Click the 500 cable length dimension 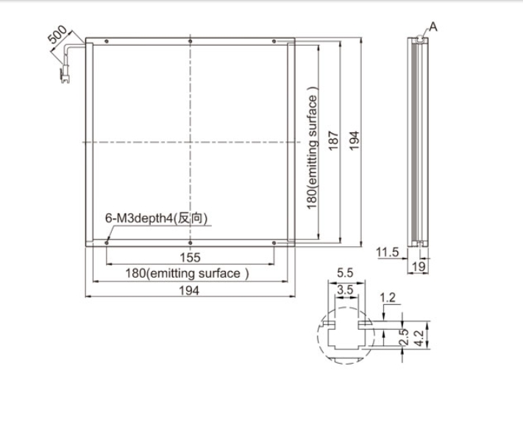pos(57,35)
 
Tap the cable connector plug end pos(65,77)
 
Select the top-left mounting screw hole pos(107,41)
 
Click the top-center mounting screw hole pos(190,41)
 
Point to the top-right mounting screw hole pos(274,41)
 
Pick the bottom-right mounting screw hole pos(274,243)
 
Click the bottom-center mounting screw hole pos(190,243)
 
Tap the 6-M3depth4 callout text pos(157,218)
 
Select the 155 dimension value pos(190,257)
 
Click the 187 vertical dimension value pos(333,141)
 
